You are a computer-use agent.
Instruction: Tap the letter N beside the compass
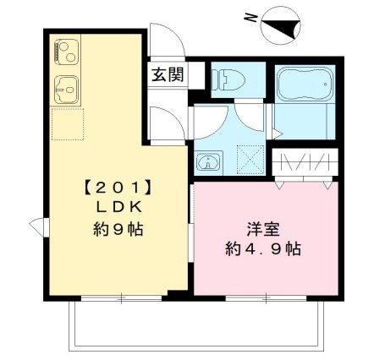point(249,16)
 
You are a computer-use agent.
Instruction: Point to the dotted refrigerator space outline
point(67,123)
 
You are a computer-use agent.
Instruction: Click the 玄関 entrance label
point(168,74)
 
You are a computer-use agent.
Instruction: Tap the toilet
point(226,79)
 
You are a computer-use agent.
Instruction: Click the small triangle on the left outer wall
point(35,226)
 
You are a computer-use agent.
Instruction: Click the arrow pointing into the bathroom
point(278,132)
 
